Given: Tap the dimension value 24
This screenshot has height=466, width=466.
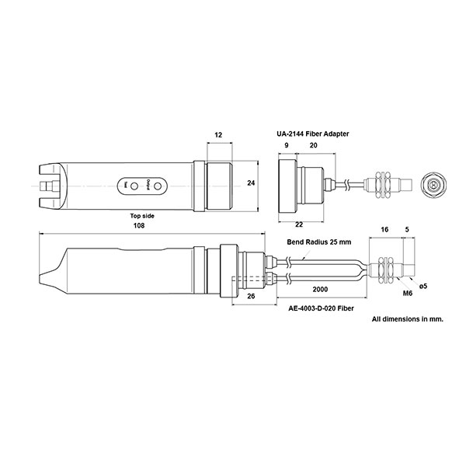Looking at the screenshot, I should tap(250, 183).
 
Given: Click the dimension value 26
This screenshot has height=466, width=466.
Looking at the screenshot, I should tap(250, 296).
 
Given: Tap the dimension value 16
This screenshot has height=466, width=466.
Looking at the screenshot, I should tap(384, 230).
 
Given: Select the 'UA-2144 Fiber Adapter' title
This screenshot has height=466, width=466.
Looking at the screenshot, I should tap(313, 134).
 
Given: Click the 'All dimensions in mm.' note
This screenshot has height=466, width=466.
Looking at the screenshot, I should tap(407, 319).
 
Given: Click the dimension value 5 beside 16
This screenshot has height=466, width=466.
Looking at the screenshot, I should tap(408, 230).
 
